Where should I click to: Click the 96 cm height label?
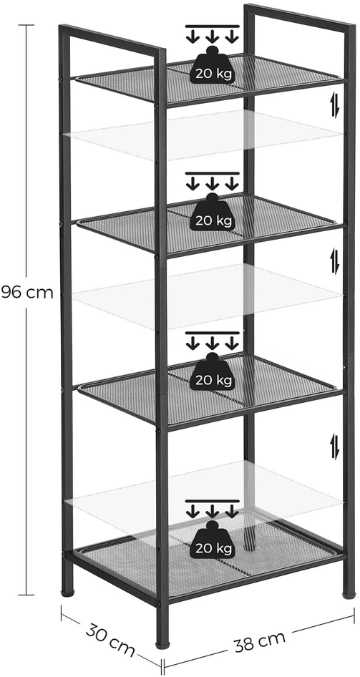(27, 292)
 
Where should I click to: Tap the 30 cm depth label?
(110, 640)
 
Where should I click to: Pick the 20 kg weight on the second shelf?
(212, 212)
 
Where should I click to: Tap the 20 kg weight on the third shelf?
(212, 371)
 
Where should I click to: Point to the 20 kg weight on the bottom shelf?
(212, 540)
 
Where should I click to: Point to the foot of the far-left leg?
(67, 594)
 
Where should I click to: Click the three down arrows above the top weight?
(212, 34)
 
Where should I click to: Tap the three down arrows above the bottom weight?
(212, 509)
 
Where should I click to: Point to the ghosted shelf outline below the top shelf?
(203, 135)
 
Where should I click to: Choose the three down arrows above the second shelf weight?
(212, 181)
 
